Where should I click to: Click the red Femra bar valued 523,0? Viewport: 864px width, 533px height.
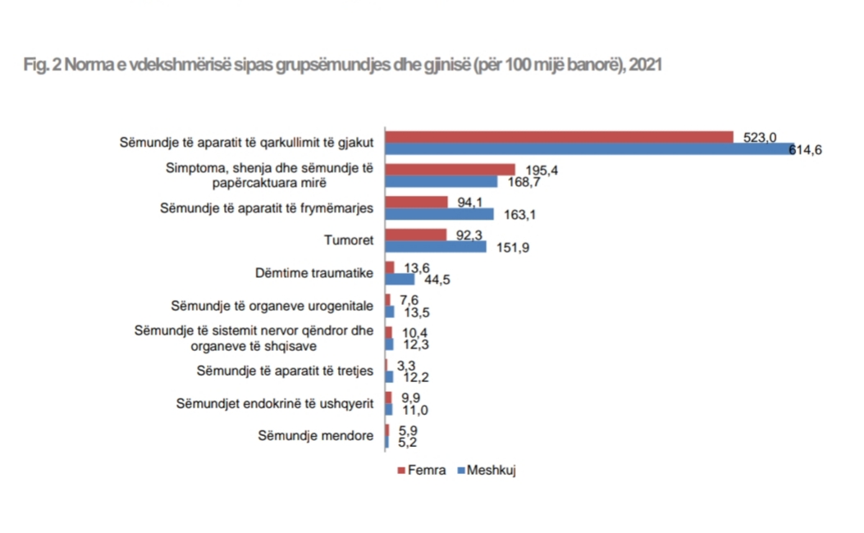tap(558, 137)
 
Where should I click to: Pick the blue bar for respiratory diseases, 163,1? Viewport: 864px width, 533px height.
tap(440, 214)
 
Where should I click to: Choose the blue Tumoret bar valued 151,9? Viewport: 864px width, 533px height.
tap(436, 247)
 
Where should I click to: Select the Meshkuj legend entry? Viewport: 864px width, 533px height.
tap(491, 470)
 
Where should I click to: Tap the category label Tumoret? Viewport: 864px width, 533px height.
tap(350, 241)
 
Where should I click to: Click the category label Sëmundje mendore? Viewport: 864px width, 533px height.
tap(316, 436)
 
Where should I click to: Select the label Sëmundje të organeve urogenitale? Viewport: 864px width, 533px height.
tap(272, 306)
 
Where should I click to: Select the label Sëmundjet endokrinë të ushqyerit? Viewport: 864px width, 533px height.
tap(276, 403)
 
